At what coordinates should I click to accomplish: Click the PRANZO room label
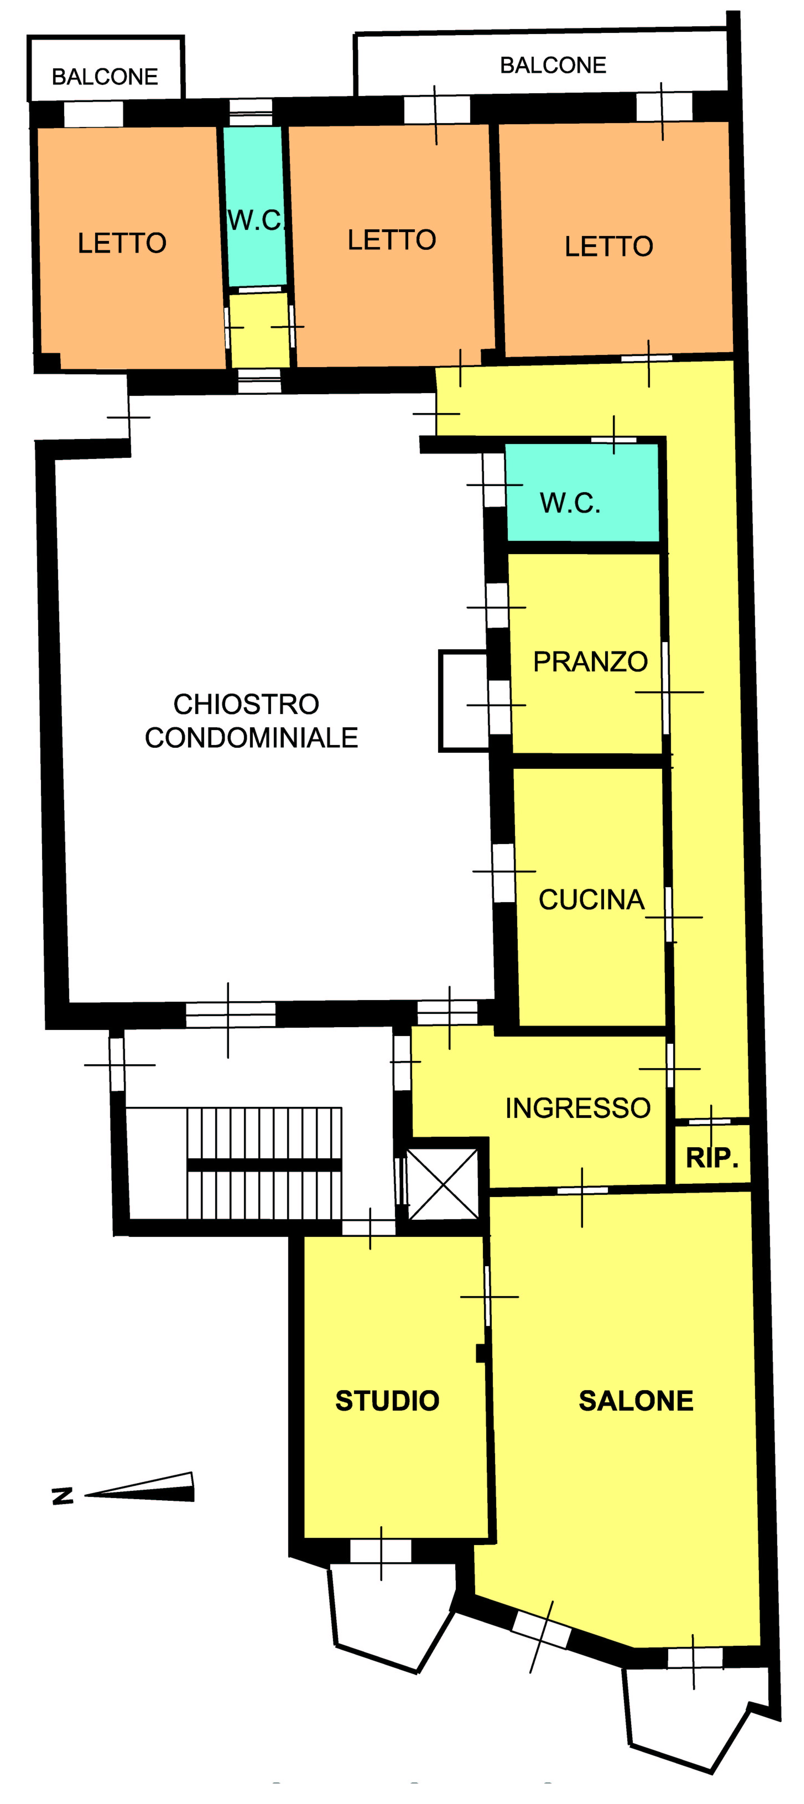click(590, 662)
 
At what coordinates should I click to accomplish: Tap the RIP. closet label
click(712, 1158)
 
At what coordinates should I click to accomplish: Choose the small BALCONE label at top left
click(105, 76)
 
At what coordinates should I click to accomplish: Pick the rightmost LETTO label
click(609, 246)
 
